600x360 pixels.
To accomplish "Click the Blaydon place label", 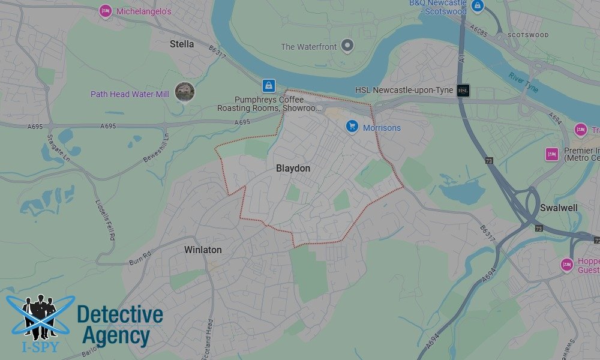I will pyautogui.click(x=293, y=169).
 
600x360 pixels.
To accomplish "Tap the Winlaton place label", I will pyautogui.click(x=203, y=250).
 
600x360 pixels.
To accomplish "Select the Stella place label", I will pyautogui.click(x=182, y=44).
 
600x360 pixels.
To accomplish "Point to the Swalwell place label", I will pyautogui.click(x=559, y=208).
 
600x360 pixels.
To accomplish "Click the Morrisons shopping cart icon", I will pyautogui.click(x=352, y=127).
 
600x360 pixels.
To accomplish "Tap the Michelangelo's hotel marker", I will pyautogui.click(x=106, y=10).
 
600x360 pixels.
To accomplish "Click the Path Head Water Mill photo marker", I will pyautogui.click(x=184, y=92).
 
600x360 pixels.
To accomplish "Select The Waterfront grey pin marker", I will pyautogui.click(x=347, y=46).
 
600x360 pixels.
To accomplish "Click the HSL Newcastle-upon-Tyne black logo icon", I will pyautogui.click(x=463, y=91).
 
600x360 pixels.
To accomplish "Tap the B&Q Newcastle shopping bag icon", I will pyautogui.click(x=478, y=6).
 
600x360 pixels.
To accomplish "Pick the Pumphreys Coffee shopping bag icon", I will pyautogui.click(x=268, y=85).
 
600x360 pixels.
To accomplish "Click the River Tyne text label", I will pyautogui.click(x=524, y=82).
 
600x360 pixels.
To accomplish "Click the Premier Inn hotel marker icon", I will pyautogui.click(x=551, y=154).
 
